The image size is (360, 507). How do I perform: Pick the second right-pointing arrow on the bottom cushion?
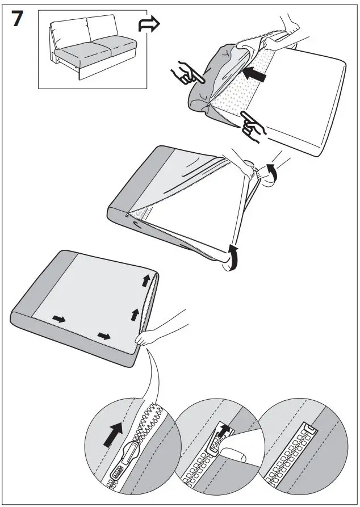click(103, 337)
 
